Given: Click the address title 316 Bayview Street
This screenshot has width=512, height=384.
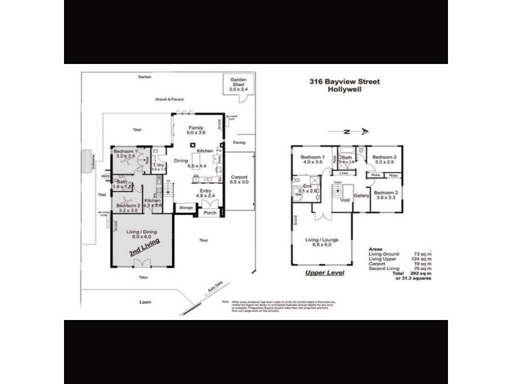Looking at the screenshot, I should click(x=336, y=82).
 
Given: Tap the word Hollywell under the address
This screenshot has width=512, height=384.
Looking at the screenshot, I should click(x=336, y=91).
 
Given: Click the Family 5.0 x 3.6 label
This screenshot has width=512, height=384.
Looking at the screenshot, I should click(x=195, y=130).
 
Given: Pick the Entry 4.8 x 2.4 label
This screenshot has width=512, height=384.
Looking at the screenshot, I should click(x=206, y=193).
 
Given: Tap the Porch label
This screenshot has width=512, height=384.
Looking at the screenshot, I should click(x=210, y=213).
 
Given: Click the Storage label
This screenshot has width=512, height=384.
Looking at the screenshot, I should click(x=186, y=208).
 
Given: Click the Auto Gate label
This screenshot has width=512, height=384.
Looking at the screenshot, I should click(x=214, y=292).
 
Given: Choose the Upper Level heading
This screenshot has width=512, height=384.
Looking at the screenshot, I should click(x=325, y=273).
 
